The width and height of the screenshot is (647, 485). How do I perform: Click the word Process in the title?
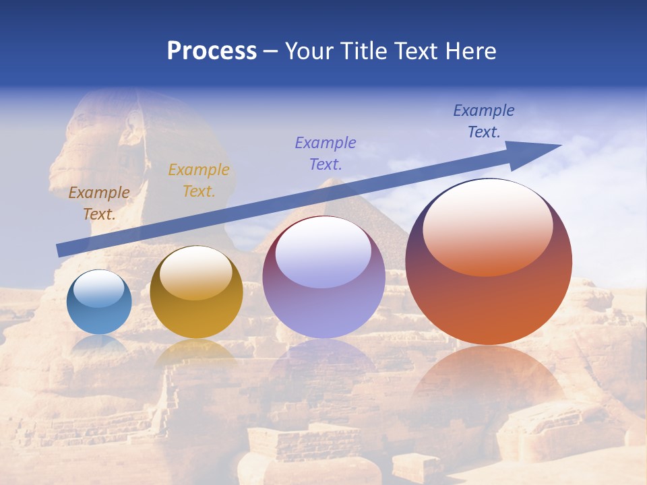tap(212, 51)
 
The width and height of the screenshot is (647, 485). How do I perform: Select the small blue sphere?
tap(99, 302)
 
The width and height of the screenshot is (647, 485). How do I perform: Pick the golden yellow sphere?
tap(196, 292)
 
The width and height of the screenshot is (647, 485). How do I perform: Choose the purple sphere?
tap(323, 278)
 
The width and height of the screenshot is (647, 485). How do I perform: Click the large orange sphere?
tap(489, 263)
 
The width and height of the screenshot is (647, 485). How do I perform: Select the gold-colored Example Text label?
tap(199, 181)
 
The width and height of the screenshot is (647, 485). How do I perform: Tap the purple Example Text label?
tap(326, 153)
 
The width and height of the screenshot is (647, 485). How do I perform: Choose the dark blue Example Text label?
tap(484, 121)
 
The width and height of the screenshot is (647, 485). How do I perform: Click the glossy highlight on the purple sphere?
tap(323, 253)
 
